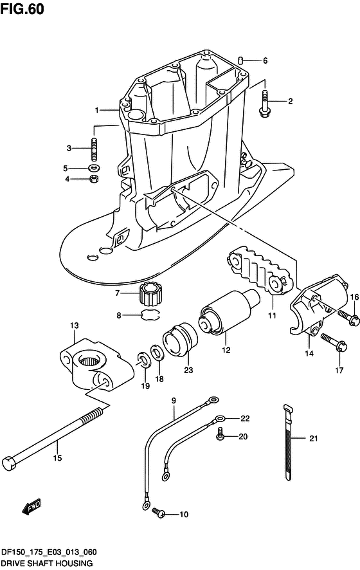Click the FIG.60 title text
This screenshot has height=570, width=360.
tap(22, 9)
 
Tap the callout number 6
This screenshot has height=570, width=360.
tap(265, 60)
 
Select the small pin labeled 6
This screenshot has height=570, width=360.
tap(240, 60)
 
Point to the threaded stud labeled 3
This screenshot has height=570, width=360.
tap(94, 149)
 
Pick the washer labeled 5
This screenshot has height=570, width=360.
tap(94, 169)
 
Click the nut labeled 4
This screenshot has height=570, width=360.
tap(94, 179)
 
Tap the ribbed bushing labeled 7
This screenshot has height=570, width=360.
tap(150, 293)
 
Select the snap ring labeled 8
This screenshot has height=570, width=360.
tap(150, 315)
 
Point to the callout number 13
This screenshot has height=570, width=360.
tap(74, 326)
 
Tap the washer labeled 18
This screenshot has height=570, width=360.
tap(157, 353)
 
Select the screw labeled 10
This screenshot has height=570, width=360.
tap(158, 512)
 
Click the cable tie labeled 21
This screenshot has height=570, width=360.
tap(288, 442)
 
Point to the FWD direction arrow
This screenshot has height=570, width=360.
tap(32, 506)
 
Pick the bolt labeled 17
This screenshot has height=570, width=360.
tap(334, 342)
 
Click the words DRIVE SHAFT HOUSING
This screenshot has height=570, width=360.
tap(46, 564)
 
